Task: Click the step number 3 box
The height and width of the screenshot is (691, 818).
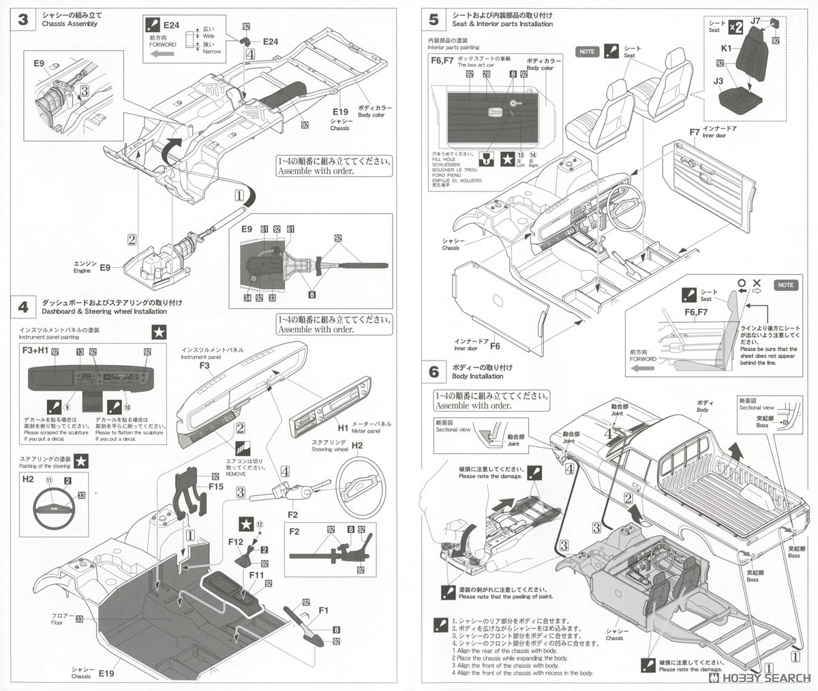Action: [22, 19]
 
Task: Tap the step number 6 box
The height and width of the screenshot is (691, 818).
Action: [434, 371]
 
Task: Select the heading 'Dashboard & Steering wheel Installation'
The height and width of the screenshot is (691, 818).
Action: [104, 311]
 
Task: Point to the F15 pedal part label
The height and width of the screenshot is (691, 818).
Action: [216, 487]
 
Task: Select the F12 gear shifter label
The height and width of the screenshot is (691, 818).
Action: [237, 541]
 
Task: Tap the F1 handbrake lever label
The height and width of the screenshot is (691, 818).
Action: [323, 611]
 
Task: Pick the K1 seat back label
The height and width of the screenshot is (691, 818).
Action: [726, 48]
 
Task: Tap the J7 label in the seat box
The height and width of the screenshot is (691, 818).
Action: [755, 21]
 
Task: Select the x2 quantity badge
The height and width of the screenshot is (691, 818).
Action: [735, 27]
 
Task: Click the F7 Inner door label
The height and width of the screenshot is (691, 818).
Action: [694, 132]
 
